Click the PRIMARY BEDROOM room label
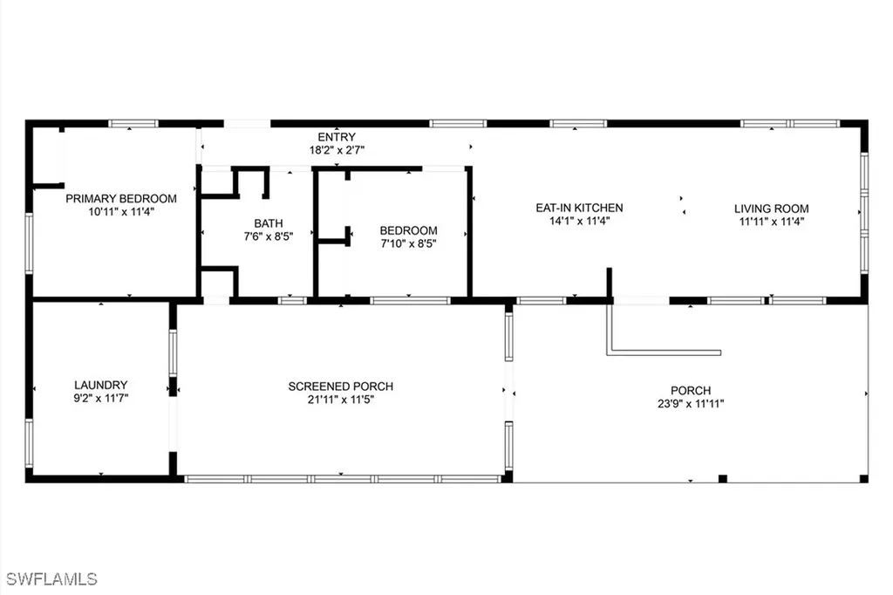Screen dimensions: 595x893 pyautogui.click(x=121, y=198)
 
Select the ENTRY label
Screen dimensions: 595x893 pyautogui.click(x=336, y=137)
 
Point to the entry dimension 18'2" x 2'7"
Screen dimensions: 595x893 pyautogui.click(x=336, y=150)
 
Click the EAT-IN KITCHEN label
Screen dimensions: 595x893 pyautogui.click(x=579, y=208)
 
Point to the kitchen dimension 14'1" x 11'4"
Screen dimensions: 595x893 pyautogui.click(x=579, y=221)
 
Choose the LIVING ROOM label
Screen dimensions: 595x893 pyautogui.click(x=771, y=209)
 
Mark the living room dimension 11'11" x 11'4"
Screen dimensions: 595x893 pyautogui.click(x=771, y=222)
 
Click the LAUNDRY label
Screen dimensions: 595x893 pyautogui.click(x=101, y=385)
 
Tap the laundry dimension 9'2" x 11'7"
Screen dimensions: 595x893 pyautogui.click(x=101, y=398)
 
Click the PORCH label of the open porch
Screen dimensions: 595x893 pyautogui.click(x=691, y=390)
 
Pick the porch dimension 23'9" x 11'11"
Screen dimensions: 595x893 pyautogui.click(x=691, y=403)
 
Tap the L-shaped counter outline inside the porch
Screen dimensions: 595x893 pyautogui.click(x=610, y=350)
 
